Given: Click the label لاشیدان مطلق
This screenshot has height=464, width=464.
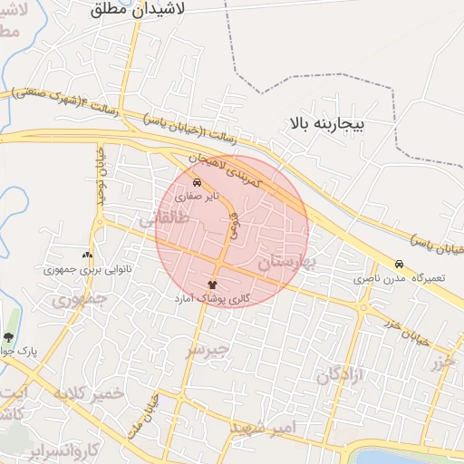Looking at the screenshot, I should click(x=138, y=10).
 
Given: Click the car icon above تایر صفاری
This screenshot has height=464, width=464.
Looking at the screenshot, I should click(x=198, y=181).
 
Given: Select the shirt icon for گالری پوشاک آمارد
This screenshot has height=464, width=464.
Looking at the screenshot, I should click(x=213, y=285).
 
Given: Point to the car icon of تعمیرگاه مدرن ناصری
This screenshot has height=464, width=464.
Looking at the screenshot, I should click(x=399, y=264).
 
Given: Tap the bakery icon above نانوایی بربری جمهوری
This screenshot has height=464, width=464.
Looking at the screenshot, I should click(x=87, y=256).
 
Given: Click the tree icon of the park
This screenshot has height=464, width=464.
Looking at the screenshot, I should click(x=8, y=337).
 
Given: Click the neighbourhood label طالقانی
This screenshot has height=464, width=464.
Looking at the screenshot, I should click(x=164, y=219).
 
